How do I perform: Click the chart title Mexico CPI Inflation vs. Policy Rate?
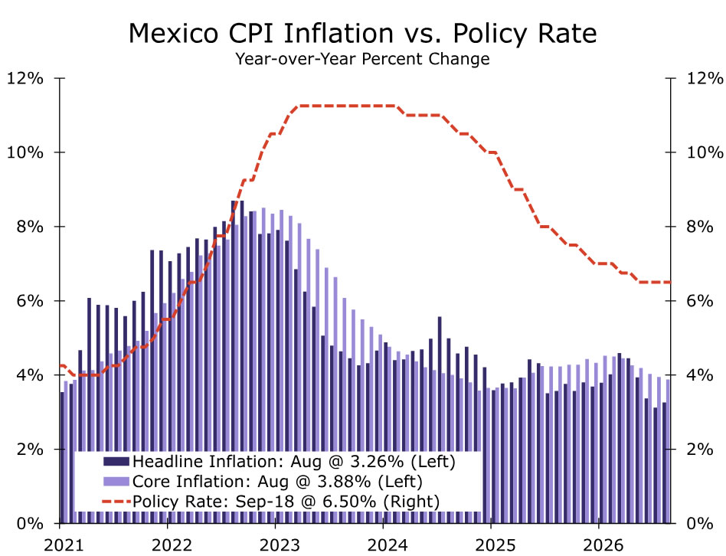point(362,34)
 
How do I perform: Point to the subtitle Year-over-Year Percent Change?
point(362,59)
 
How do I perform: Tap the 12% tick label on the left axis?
point(25,78)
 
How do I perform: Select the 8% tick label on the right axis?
point(700,227)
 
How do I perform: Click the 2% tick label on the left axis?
point(30,450)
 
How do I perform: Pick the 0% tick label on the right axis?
point(700,524)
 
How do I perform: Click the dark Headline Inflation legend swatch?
point(116,462)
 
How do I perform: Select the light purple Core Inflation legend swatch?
point(116,482)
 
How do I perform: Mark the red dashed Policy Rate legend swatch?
point(116,502)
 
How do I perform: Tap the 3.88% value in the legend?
point(344,482)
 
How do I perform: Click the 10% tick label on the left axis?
point(25,152)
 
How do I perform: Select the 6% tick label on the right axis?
point(700,301)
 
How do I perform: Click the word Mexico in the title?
point(174,34)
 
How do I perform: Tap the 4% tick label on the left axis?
point(30,375)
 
